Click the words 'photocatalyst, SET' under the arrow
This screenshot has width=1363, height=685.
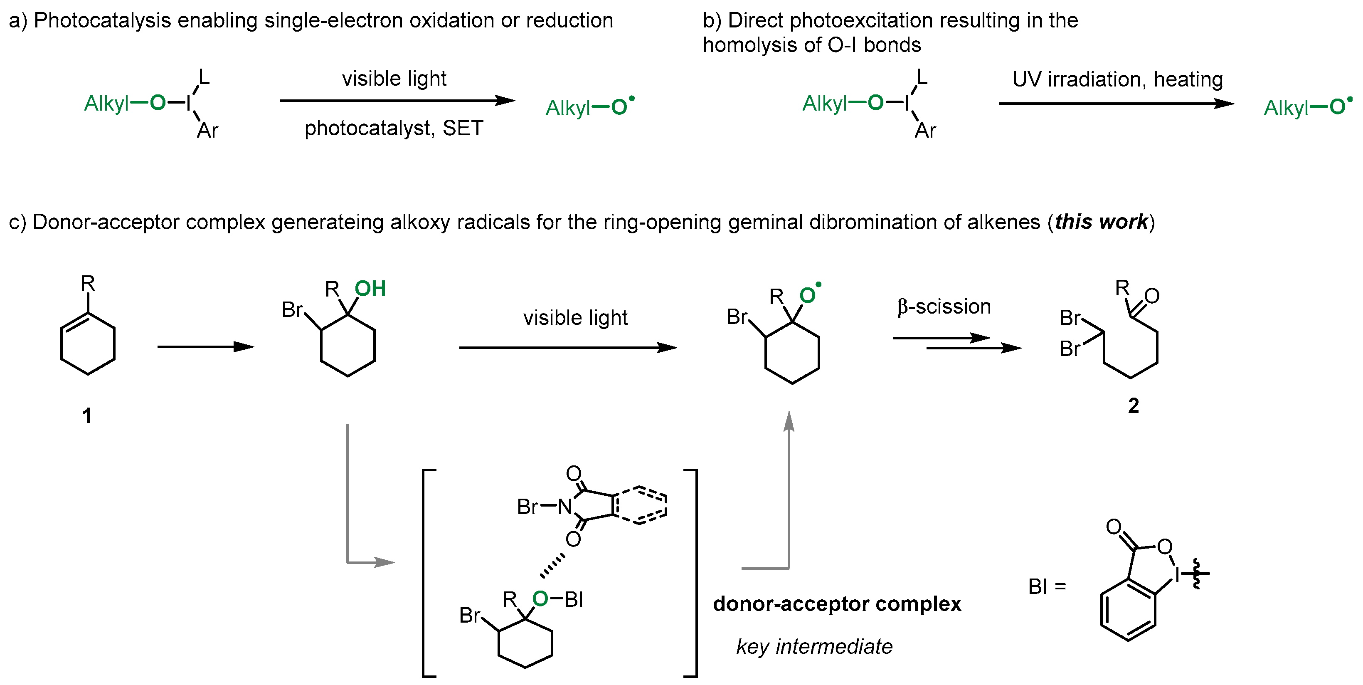tap(394, 129)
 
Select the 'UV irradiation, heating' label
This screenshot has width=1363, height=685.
tap(1117, 79)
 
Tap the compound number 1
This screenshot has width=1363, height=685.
tap(87, 415)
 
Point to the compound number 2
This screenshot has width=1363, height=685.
tap(1134, 406)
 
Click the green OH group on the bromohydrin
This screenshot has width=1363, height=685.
tap(370, 289)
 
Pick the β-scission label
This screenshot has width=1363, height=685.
tap(944, 307)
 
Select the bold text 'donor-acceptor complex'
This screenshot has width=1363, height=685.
tap(837, 604)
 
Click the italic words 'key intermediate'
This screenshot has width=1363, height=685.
tap(814, 646)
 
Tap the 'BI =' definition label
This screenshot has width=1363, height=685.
tap(1047, 586)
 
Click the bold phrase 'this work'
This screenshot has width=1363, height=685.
tap(1102, 222)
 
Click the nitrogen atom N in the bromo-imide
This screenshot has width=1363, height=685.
tap(565, 507)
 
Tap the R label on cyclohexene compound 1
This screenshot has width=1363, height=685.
tap(88, 284)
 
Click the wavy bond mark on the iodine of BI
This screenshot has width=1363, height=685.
tap(1196, 573)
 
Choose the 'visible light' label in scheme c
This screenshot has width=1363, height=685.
tap(575, 318)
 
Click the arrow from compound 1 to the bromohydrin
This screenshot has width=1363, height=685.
tap(206, 347)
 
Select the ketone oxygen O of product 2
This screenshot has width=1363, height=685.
tap(1152, 296)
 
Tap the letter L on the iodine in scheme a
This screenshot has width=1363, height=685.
tap(204, 78)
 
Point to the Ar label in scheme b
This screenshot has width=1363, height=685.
tap(925, 130)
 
